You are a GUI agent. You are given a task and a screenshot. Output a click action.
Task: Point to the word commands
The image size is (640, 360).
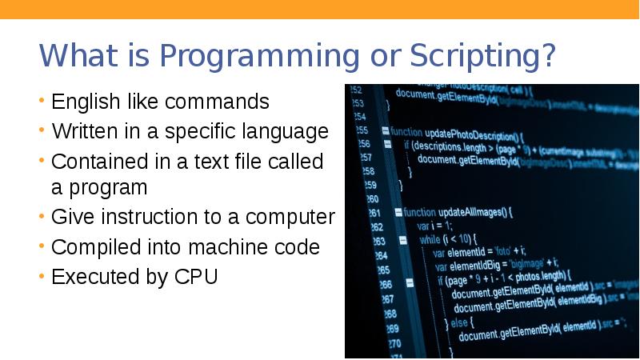point(217,102)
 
